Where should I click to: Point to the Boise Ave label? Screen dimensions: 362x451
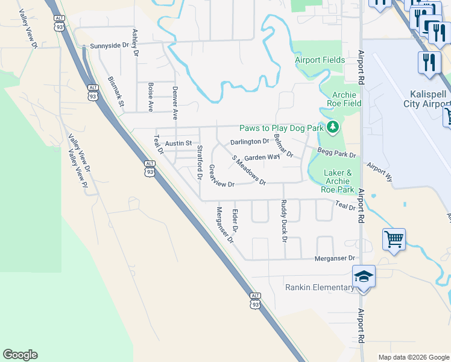click(150, 97)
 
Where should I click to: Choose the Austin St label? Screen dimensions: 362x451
click(178, 144)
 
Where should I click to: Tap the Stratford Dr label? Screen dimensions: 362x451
click(200, 162)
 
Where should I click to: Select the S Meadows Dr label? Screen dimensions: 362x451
click(249, 170)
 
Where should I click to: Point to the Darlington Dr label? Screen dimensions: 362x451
click(250, 142)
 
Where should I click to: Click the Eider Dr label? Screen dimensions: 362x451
click(235, 221)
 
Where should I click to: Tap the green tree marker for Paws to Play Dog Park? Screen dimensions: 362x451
click(333, 128)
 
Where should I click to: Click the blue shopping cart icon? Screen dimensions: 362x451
click(394, 239)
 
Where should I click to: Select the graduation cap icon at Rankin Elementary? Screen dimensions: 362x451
click(364, 277)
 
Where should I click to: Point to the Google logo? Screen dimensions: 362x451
click(20, 355)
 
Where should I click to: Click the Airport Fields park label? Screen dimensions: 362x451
click(320, 60)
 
